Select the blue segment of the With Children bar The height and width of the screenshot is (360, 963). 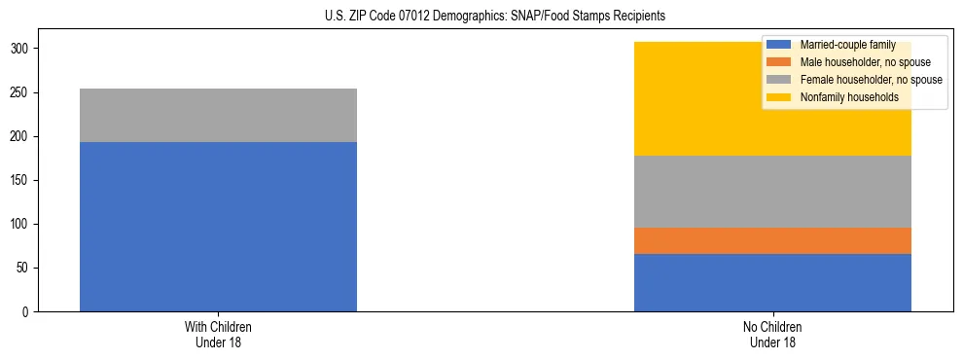[218, 227]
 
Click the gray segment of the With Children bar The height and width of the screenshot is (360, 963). [218, 115]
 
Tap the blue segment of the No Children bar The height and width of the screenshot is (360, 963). [772, 282]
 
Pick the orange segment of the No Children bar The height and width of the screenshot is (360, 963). [772, 240]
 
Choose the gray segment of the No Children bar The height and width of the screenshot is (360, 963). [772, 192]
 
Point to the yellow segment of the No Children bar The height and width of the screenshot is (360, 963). [700, 107]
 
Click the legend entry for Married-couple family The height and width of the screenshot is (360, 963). [845, 45]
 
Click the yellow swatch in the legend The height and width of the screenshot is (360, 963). [779, 97]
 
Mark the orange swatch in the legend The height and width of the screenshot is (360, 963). [779, 62]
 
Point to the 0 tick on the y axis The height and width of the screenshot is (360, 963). [28, 312]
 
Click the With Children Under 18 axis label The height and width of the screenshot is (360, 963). [218, 335]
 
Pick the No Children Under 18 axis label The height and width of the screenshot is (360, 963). [772, 335]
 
